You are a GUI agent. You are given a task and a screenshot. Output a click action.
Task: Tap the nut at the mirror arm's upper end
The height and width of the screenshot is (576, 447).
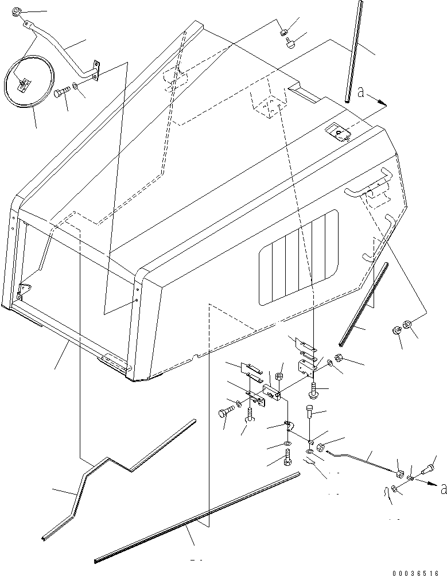15,10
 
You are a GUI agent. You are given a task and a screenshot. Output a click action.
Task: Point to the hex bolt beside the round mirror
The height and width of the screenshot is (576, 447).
60,92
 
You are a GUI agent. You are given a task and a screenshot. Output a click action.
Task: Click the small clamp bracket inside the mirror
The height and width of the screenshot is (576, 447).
23,84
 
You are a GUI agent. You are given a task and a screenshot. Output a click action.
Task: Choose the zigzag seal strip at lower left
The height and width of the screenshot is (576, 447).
109,470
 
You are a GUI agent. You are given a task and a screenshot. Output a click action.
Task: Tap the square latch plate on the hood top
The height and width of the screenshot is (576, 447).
337,133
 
